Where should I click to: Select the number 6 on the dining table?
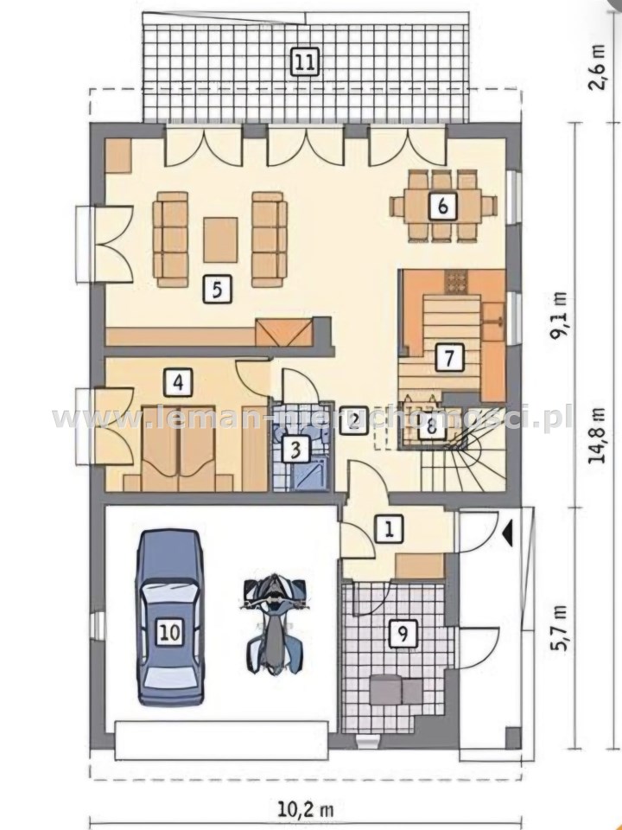pos(442,206)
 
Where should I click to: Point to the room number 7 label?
pos(448,357)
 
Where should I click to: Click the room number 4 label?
pos(178,382)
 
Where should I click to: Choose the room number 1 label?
pos(390,528)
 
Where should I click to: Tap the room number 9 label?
pos(403,633)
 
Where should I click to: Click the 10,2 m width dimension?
pos(306,809)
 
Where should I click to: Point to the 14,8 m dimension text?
pos(599,436)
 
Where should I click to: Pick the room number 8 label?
pos(431,426)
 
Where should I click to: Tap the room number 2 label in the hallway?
pos(353,420)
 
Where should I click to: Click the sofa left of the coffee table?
pos(171,239)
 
